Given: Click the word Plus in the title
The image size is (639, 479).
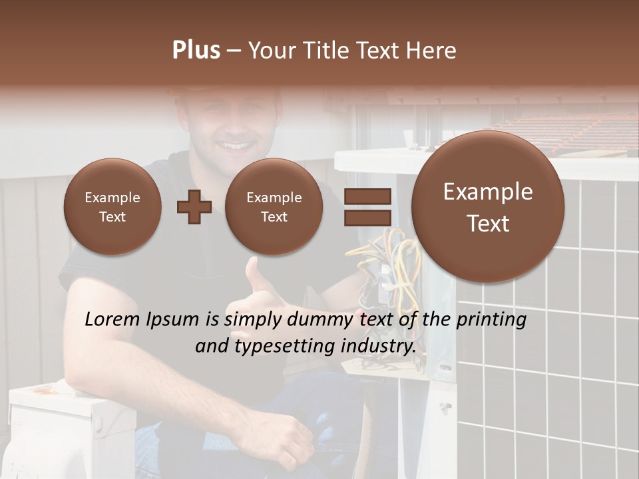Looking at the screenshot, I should pyautogui.click(x=196, y=51).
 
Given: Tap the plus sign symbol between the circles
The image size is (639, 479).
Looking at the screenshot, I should pyautogui.click(x=194, y=207).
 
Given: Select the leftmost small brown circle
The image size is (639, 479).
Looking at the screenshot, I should pyautogui.click(x=112, y=207).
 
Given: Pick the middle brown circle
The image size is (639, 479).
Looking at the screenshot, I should pyautogui.click(x=274, y=207).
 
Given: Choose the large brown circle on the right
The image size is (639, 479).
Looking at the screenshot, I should pyautogui.click(x=488, y=207).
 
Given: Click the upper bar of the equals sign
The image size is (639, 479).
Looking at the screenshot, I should pyautogui.click(x=367, y=197).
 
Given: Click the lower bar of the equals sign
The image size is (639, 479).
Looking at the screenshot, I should pyautogui.click(x=367, y=218).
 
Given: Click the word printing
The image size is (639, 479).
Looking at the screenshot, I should pyautogui.click(x=491, y=320).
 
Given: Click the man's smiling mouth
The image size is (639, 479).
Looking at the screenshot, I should pyautogui.click(x=234, y=145).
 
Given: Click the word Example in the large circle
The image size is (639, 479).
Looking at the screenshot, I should pyautogui.click(x=488, y=192).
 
